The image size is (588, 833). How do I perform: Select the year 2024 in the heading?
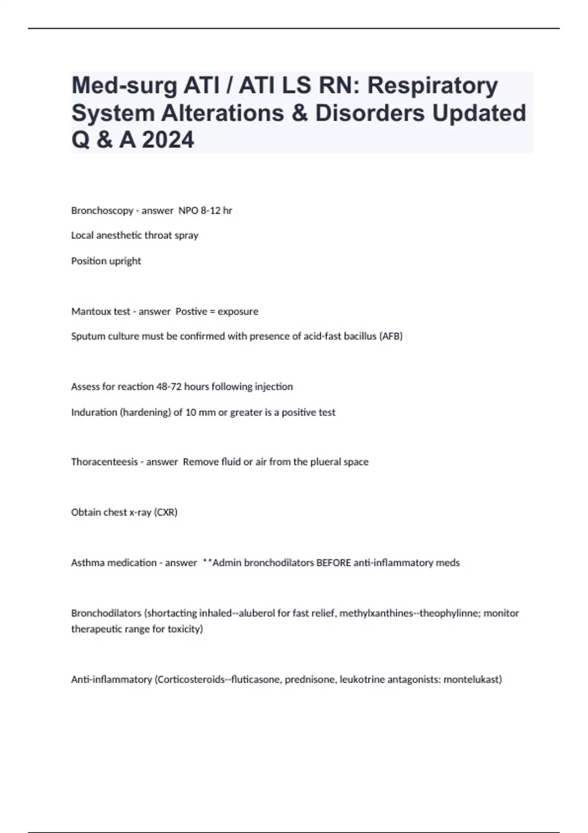pos(168,140)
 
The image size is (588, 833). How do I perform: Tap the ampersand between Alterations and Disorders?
pos(298,113)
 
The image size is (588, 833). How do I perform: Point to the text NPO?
pos(188,211)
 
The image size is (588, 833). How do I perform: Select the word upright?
pos(125,261)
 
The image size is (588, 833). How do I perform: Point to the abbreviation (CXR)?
pos(166,513)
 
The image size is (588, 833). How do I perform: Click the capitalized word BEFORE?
pos(333,563)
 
